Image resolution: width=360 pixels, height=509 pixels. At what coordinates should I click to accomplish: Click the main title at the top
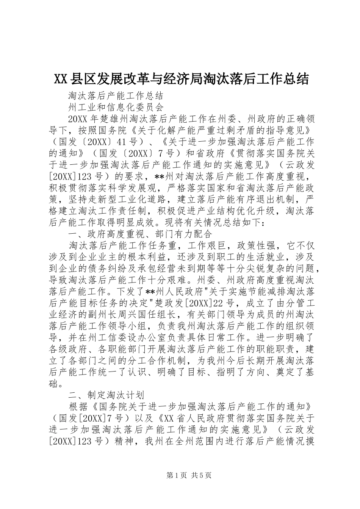[182, 79]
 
